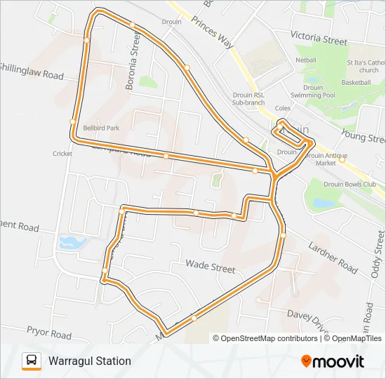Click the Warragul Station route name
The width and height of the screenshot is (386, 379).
89,361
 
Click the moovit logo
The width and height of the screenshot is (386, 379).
333,361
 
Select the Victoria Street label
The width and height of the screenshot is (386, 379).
319,37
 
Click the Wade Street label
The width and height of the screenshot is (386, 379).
210,267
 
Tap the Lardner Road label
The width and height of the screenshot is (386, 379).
333,255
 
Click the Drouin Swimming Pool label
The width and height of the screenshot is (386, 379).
313,91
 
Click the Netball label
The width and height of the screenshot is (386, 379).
306,60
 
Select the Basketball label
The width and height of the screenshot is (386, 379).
356,82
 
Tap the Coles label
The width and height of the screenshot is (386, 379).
283,108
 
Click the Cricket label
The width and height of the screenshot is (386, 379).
62,153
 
